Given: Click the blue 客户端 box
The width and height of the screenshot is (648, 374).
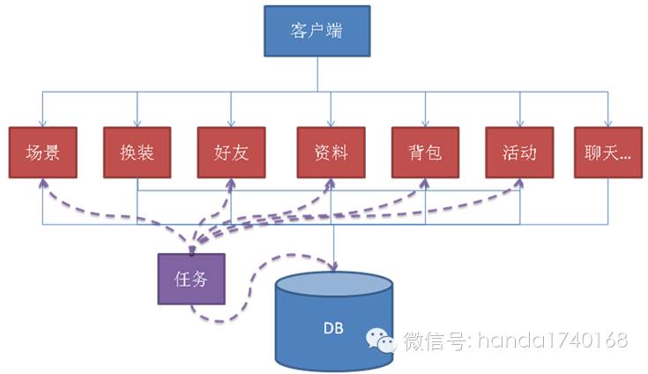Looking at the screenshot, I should (317, 33).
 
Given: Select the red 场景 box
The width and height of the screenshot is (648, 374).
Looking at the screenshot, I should (42, 153).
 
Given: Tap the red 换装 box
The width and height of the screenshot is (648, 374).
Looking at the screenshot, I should (137, 153).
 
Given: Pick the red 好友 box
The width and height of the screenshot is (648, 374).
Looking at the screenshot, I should (231, 153).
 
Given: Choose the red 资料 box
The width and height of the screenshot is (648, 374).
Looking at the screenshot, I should (330, 153).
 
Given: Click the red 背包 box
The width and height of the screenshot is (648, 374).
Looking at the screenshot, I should (425, 153).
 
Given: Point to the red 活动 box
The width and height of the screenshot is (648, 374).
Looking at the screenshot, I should (518, 153).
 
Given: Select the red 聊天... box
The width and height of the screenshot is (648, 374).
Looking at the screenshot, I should (607, 153).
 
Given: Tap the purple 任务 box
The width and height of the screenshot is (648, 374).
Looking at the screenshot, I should (190, 279).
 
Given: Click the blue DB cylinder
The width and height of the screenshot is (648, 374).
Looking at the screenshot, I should (333, 322).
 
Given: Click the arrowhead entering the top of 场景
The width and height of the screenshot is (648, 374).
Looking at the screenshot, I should (42, 123).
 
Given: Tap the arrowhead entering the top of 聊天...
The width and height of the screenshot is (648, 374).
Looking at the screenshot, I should (607, 123).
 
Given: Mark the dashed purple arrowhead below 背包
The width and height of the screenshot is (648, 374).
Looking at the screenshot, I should (424, 184).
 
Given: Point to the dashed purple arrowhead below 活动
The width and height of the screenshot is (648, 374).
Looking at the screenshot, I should (518, 184).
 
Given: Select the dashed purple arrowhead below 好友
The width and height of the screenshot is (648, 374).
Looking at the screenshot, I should (232, 184).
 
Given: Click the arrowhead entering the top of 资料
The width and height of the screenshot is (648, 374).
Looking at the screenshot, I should (330, 123).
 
